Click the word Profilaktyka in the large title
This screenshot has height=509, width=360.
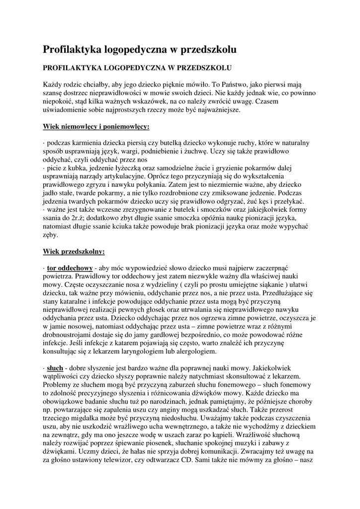coord(73,50)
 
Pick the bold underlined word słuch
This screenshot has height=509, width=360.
coord(55,368)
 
